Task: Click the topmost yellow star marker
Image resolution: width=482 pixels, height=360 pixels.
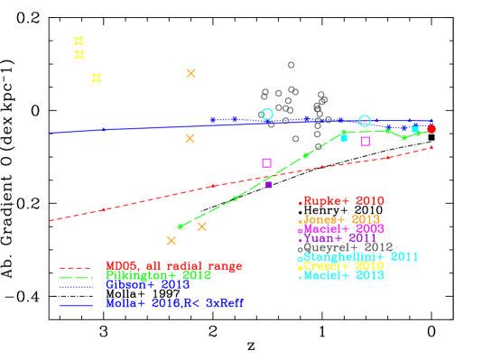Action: (79, 41)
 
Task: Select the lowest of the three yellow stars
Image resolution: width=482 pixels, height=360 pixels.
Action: (97, 78)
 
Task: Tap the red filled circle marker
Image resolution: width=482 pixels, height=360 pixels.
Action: (431, 129)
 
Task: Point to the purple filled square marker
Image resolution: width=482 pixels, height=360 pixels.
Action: (269, 185)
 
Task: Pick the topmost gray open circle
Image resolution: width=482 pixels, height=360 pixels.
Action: (291, 65)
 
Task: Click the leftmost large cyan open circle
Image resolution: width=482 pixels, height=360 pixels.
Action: (267, 115)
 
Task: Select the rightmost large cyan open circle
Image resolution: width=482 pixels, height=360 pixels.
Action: (365, 121)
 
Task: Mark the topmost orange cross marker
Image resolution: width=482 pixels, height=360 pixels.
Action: (191, 73)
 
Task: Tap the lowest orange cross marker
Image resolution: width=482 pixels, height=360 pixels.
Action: (171, 240)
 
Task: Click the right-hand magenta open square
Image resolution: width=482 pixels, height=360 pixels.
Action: (366, 141)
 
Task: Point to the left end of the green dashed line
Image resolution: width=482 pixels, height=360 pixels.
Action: (180, 226)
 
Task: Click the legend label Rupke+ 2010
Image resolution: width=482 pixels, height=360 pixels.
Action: (343, 201)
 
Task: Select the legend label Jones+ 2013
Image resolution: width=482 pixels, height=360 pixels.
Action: (341, 219)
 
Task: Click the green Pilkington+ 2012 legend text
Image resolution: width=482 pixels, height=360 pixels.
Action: (158, 274)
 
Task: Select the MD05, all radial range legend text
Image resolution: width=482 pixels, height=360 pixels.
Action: (173, 266)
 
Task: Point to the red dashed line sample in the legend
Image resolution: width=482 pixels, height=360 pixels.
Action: (76, 268)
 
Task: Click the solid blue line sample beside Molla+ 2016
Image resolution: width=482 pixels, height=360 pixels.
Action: (76, 305)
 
